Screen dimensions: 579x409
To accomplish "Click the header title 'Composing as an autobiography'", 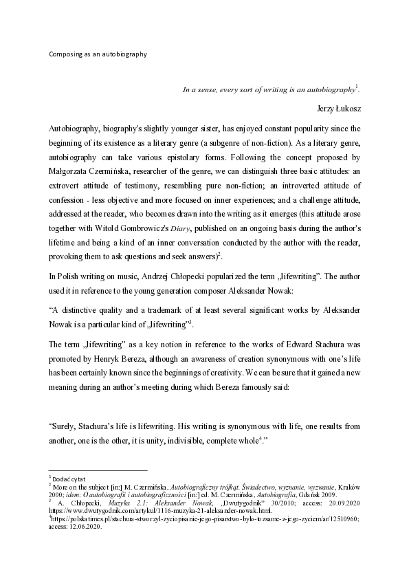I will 98,52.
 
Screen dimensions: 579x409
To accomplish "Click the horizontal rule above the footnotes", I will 98,470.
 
